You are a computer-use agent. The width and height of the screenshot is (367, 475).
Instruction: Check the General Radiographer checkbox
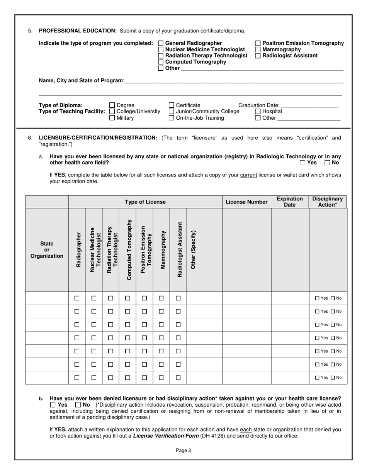coord(161,43)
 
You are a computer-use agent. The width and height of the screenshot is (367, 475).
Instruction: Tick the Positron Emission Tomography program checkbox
coord(258,43)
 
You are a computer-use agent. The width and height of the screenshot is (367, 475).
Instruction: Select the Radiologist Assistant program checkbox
coord(258,56)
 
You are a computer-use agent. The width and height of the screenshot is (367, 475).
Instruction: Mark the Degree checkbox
coord(112,105)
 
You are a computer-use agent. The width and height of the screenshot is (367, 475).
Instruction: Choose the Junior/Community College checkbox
coord(172,112)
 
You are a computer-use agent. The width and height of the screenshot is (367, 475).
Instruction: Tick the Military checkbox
coord(112,118)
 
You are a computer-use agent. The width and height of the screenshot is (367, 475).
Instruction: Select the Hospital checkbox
coord(258,112)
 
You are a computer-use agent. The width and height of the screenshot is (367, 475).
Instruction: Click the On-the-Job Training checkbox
coord(172,118)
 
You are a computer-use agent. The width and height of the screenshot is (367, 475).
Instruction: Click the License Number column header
coord(246,202)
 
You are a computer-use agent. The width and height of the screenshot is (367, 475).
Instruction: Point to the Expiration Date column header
coord(290,202)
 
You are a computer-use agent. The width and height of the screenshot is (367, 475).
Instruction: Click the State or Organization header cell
coord(47,250)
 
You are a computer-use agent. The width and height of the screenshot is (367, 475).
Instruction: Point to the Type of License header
coord(145,202)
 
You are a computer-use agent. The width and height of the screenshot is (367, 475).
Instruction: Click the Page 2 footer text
coord(183,450)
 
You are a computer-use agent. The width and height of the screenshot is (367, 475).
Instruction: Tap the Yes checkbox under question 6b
coord(53,405)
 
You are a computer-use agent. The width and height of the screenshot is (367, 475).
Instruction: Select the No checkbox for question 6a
coord(327,163)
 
